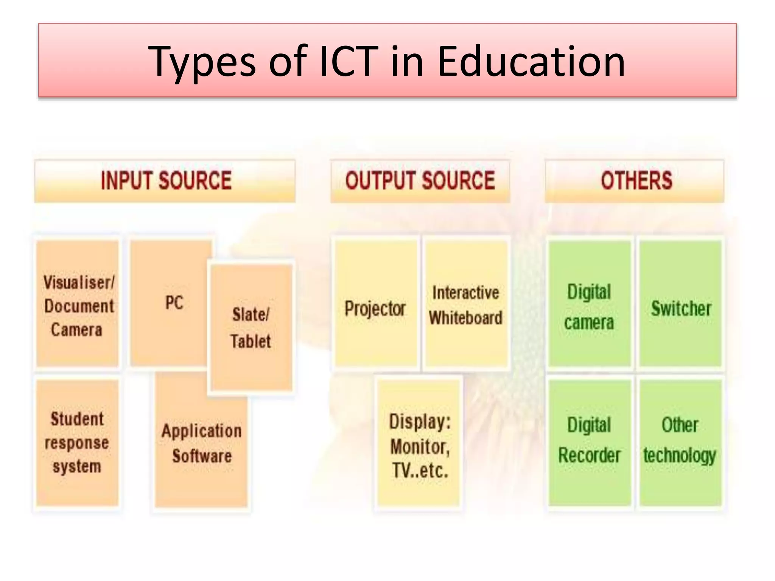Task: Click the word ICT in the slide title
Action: pos(349,61)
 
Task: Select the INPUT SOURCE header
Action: pos(166,180)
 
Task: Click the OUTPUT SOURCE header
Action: pos(420,180)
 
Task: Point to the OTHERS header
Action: pos(636,180)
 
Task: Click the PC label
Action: pos(174,303)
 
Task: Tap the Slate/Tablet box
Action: pos(251,328)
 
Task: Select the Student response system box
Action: pos(77,443)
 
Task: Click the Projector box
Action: pos(375,309)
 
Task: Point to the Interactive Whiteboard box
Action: pos(466,305)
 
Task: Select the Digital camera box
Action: pos(589,306)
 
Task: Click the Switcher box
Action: pos(681,309)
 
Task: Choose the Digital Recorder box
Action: pos(589,440)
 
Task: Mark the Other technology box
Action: pos(680,440)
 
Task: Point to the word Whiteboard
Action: pos(466,318)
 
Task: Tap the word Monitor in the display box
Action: pos(420,447)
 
